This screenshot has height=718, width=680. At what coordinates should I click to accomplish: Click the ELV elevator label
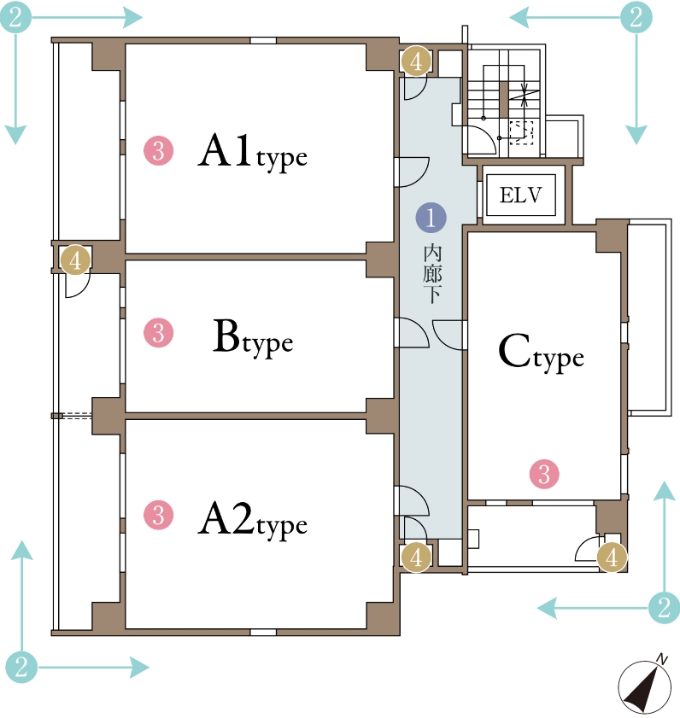tap(520, 196)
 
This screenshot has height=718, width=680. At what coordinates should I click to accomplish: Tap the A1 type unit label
tap(253, 151)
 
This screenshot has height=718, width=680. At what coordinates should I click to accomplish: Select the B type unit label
tap(253, 338)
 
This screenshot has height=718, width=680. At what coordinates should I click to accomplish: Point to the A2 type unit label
tap(253, 520)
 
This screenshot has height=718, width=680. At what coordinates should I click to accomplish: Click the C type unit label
tap(541, 353)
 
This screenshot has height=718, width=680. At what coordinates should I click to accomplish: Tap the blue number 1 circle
tap(431, 218)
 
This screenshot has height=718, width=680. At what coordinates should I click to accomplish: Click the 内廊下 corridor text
tap(431, 274)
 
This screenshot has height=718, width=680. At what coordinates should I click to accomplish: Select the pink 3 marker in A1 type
tap(159, 150)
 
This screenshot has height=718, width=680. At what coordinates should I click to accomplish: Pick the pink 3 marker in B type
tap(159, 332)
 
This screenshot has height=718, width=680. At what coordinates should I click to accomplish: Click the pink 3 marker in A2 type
tap(159, 515)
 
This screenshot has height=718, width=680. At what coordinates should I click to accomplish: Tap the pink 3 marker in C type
tap(544, 474)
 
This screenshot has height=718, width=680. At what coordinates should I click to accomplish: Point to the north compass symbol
tap(643, 686)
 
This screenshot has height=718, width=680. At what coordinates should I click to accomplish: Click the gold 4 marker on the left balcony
tap(75, 260)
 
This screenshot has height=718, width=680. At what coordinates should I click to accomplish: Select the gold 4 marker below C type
tap(613, 557)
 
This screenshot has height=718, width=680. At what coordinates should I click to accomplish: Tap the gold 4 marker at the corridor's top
tap(416, 61)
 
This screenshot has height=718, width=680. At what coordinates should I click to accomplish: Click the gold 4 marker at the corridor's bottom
tap(416, 557)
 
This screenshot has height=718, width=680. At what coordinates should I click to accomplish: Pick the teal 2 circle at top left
tap(15, 17)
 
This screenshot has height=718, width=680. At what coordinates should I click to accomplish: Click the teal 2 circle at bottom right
tap(665, 608)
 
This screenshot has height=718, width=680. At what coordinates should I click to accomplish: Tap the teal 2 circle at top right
tap(636, 17)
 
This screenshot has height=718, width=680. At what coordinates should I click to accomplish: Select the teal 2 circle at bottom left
tap(21, 667)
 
